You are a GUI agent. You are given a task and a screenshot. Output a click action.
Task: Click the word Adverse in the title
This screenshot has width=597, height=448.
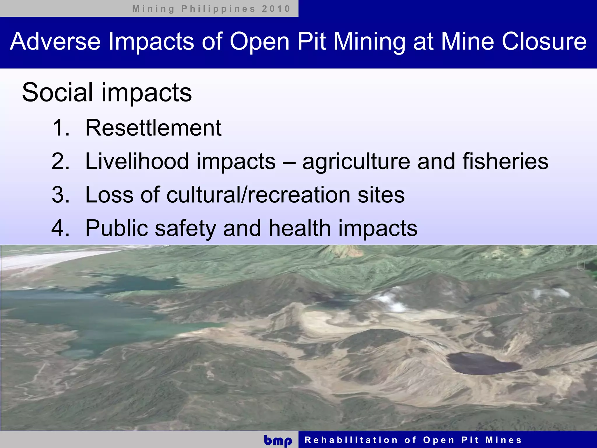click(x=55, y=41)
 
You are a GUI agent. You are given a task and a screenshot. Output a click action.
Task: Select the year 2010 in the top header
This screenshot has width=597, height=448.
click(x=276, y=9)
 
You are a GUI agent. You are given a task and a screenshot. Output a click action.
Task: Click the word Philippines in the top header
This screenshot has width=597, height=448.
click(x=218, y=9)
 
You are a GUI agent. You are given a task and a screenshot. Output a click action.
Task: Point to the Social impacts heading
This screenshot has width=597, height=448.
click(x=107, y=92)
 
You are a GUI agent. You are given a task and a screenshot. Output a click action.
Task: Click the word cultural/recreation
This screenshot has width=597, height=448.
click(x=258, y=195)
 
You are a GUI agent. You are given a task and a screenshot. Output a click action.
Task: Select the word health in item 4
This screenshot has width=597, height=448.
click(x=299, y=228)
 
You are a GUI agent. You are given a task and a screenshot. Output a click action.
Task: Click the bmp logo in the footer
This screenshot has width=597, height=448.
click(x=278, y=440)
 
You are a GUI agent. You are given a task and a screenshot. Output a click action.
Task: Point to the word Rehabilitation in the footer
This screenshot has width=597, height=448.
click(x=351, y=440)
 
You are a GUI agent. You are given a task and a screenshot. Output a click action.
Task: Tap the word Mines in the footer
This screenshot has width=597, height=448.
click(x=503, y=440)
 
